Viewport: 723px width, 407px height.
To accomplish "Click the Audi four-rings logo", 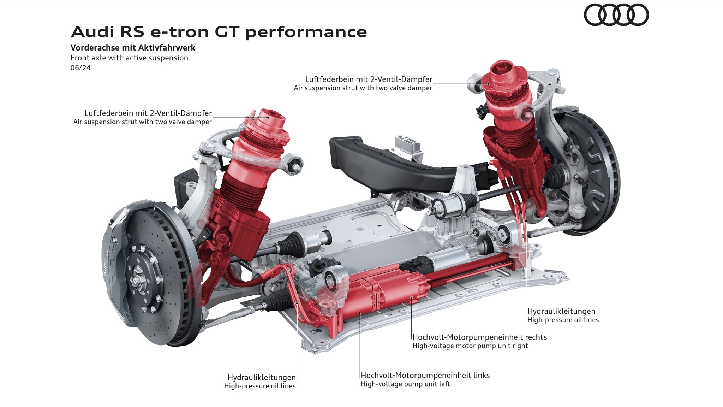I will coord(616,15).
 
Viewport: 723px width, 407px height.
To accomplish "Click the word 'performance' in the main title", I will coord(306,32).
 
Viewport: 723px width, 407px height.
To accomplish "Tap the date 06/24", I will coord(80,67).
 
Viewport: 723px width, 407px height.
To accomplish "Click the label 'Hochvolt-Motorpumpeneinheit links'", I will coord(425,375).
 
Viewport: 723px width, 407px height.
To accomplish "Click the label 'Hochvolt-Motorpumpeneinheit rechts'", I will coord(479,337).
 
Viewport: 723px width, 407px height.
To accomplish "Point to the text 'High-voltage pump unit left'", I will coord(405,384).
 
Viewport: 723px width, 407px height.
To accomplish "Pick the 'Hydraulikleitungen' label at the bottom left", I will coord(262,377).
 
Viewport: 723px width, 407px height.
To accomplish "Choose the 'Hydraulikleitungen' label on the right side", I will coord(561,311).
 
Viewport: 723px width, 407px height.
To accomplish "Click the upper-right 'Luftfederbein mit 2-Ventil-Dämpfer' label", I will coord(369,79).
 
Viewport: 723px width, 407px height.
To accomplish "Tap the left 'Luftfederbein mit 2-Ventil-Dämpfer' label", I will coord(148,113).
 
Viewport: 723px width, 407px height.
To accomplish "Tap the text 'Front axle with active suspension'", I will coord(129,58).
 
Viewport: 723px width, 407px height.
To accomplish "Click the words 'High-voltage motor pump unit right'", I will coord(470,346).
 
